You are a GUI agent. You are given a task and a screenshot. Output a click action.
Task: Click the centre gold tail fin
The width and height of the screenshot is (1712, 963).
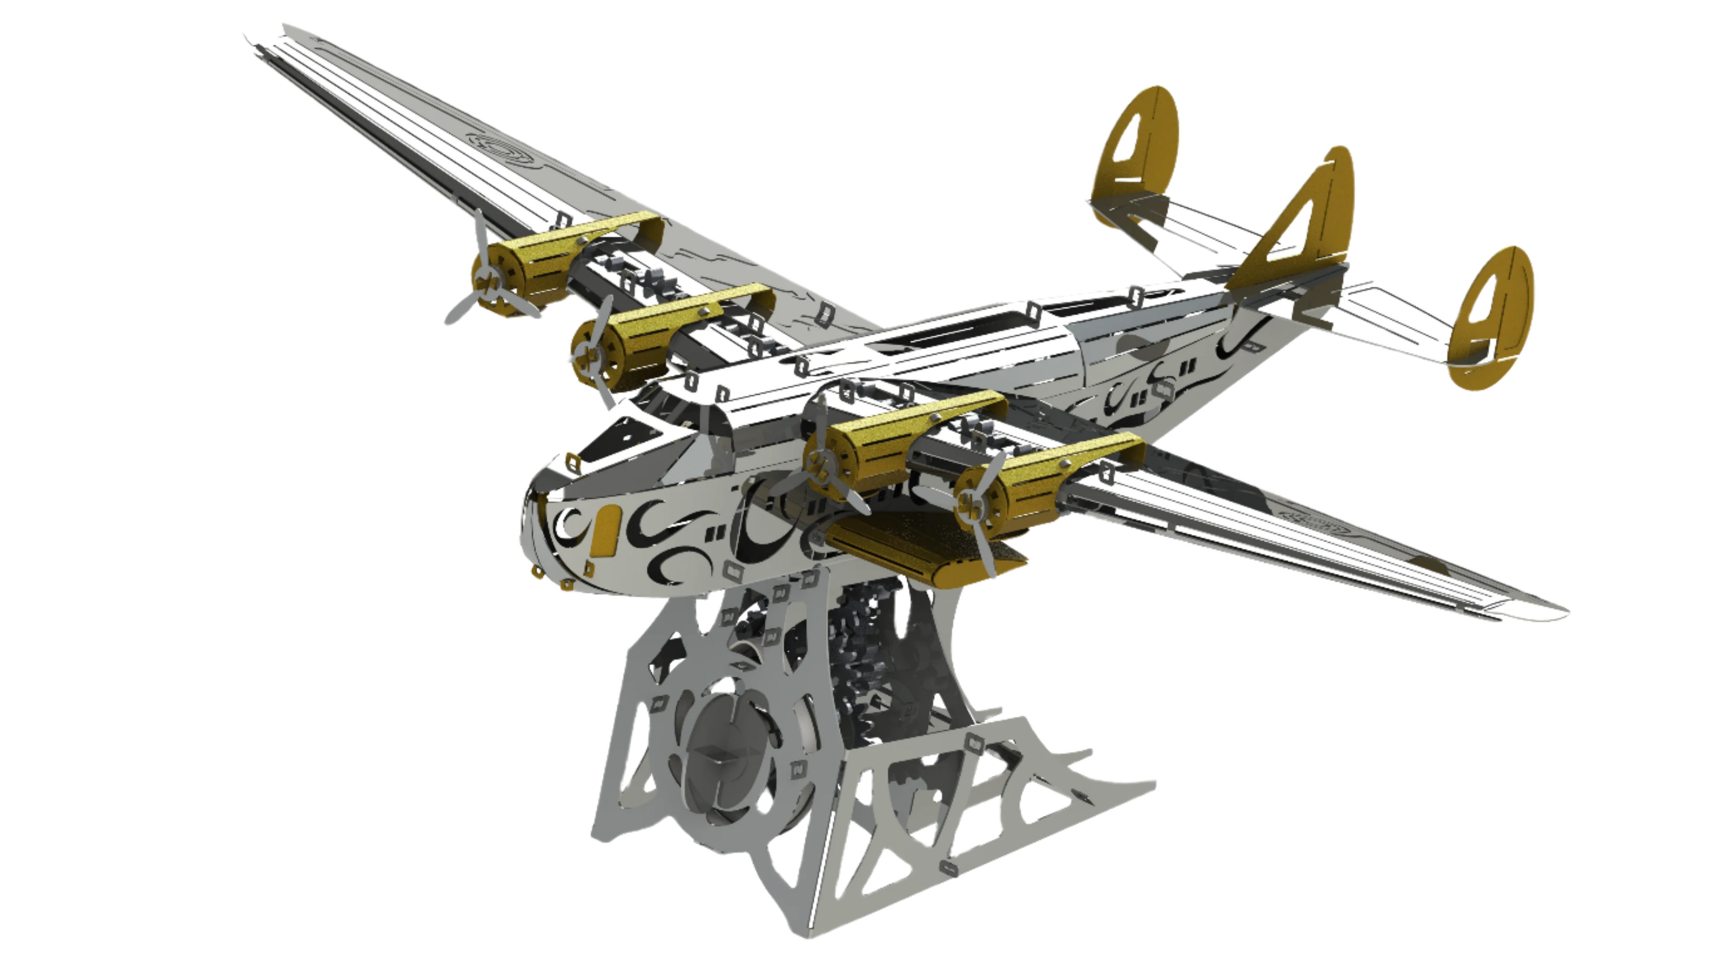coord(1319,219)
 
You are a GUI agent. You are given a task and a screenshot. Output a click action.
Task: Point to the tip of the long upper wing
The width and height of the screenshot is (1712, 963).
coord(266,40)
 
